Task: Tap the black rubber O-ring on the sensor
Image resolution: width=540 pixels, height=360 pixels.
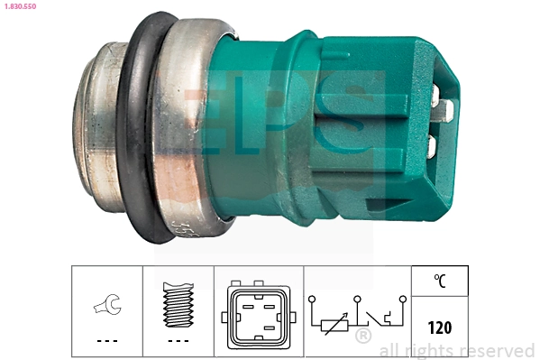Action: click(133, 135)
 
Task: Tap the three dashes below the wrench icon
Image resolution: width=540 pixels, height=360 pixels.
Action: click(105, 342)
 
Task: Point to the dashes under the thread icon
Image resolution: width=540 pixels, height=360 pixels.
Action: click(178, 342)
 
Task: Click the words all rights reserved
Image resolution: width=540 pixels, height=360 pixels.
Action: click(456, 350)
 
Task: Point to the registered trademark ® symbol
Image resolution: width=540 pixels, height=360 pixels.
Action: click(362, 337)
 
